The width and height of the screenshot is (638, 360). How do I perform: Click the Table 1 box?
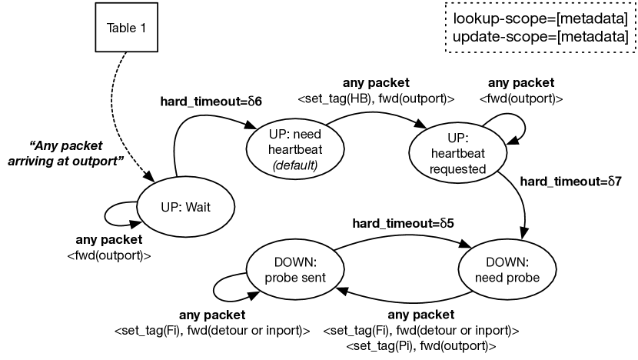(126, 28)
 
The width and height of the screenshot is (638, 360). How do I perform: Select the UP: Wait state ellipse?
(185, 207)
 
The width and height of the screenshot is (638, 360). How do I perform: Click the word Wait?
(197, 207)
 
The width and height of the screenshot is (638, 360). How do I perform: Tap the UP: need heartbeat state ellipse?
(295, 148)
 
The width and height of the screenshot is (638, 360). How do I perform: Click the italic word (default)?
(295, 165)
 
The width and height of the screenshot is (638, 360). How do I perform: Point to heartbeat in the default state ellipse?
(295, 149)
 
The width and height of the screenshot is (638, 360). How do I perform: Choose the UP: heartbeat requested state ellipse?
(458, 153)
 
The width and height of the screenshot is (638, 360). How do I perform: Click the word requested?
(458, 168)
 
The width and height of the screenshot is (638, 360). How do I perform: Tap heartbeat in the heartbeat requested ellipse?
(458, 153)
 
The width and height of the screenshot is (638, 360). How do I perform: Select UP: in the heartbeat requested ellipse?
(458, 138)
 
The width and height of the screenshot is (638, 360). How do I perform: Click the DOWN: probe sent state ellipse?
(295, 270)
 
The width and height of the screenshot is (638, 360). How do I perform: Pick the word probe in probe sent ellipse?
(282, 278)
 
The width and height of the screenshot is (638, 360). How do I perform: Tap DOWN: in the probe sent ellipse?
(295, 262)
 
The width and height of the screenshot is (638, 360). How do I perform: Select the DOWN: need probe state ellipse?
(507, 270)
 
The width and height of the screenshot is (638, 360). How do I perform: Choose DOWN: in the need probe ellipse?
(507, 262)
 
